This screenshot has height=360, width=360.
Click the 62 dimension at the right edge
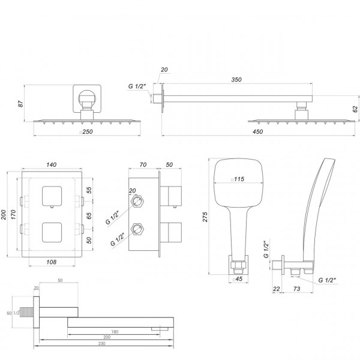[x=355, y=109]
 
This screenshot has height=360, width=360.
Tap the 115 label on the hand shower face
[x=240, y=179]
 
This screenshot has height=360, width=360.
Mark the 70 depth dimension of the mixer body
[x=143, y=163]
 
